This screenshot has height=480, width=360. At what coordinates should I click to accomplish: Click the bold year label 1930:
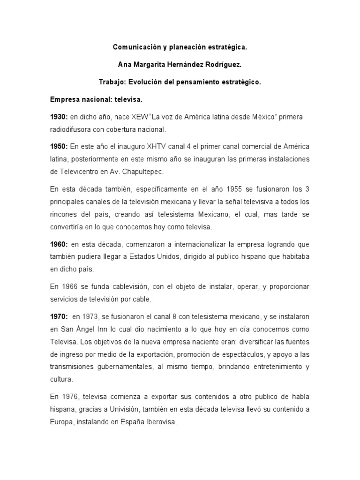(x=59, y=116)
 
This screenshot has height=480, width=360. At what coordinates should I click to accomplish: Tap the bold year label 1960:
(x=59, y=245)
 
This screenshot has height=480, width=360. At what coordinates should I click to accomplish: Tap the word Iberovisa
(x=160, y=421)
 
